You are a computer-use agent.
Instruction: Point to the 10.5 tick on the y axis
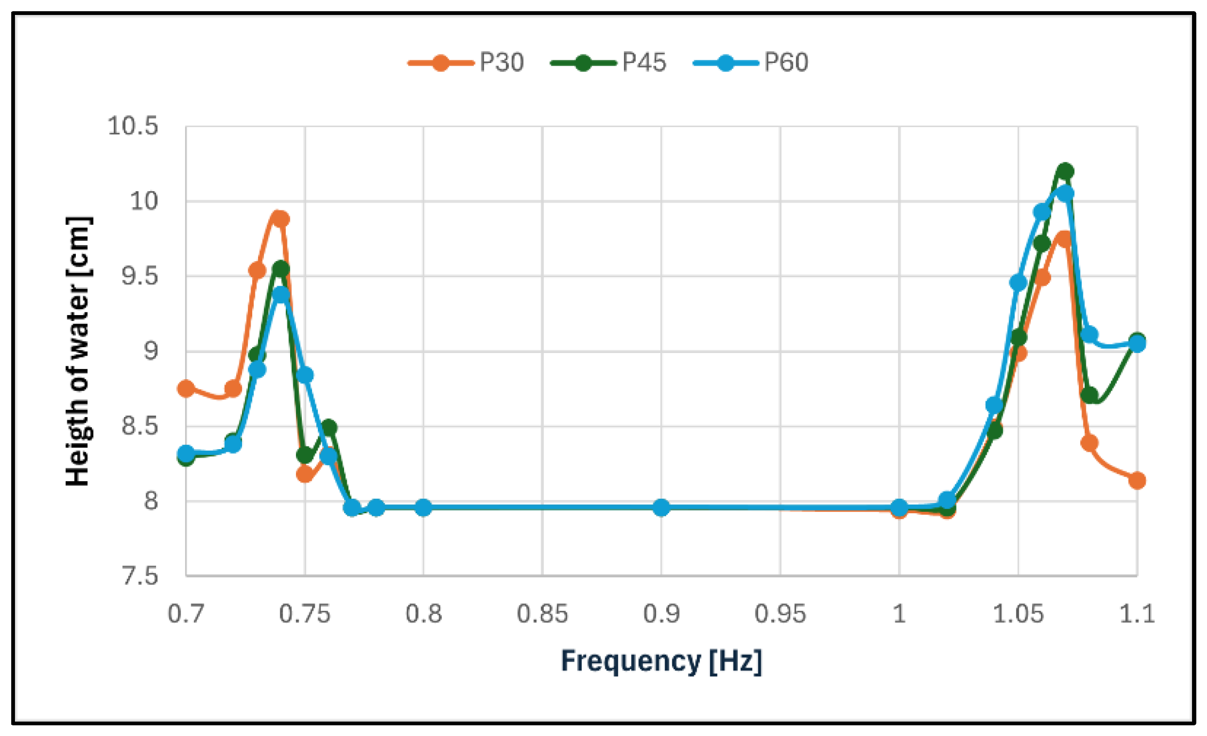pos(133,127)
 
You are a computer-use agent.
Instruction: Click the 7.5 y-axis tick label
pos(140,576)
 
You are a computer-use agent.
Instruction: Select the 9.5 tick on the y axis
pos(140,277)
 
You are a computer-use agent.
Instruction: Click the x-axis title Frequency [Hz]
pos(661,661)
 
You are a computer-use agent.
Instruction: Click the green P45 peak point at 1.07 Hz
pos(1065,171)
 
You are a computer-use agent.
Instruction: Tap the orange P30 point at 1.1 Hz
pos(1137,481)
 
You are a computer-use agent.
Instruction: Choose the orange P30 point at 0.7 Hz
pos(186,388)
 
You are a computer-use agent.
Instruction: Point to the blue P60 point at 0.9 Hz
pos(661,507)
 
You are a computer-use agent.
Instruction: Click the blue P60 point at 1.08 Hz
pos(1089,335)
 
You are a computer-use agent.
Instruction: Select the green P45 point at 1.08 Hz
pos(1089,396)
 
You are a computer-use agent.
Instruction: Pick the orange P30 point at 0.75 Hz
pos(305,474)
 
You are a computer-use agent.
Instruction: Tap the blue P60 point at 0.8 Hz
pos(423,507)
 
